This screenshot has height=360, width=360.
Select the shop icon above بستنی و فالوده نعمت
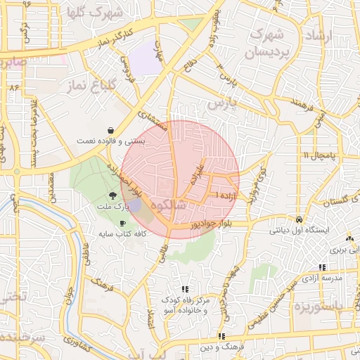pyautogui.click(x=112, y=130)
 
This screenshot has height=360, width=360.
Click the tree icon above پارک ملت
pyautogui.click(x=112, y=196)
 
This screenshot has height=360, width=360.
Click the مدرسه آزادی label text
pyautogui.click(x=323, y=278)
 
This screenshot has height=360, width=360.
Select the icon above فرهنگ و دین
pyautogui.click(x=221, y=336)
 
